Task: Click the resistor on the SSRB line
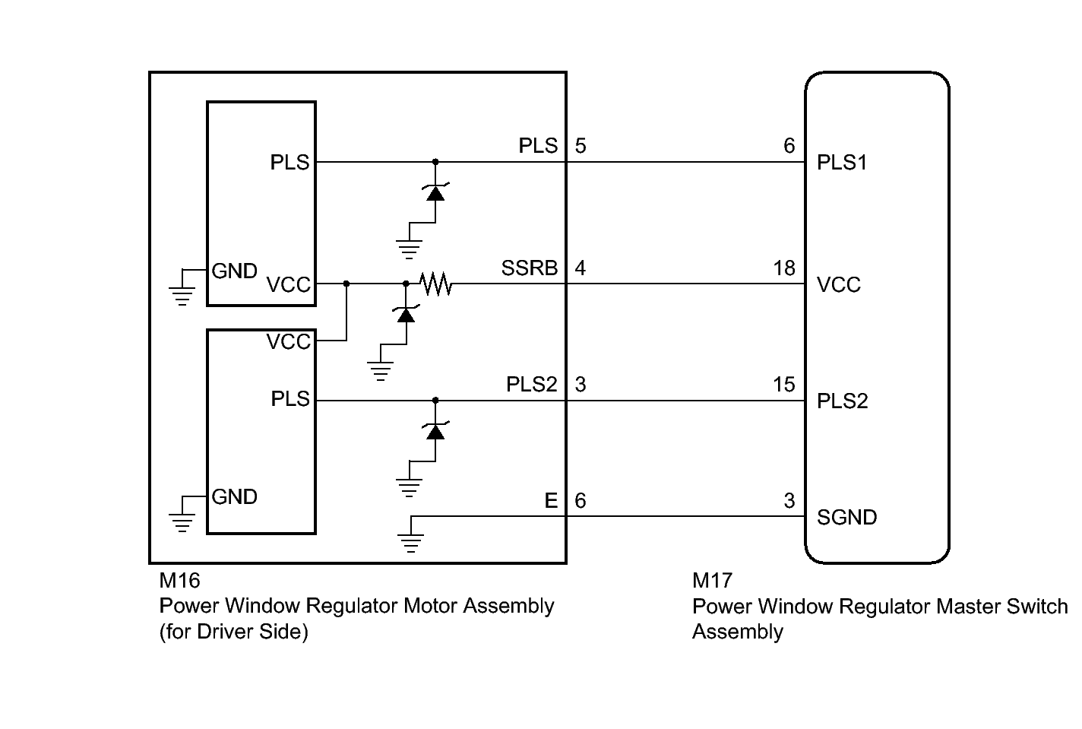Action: coord(435,284)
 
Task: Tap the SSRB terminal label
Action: coord(530,268)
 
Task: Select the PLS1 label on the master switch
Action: coord(841,163)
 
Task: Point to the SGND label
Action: coord(846,518)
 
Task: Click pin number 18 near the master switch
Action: coord(784,268)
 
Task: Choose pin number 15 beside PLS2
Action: coord(784,385)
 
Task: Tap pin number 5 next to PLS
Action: coord(581,145)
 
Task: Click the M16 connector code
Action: coord(179,581)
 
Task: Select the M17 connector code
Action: coord(713,581)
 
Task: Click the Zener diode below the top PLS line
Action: coord(435,192)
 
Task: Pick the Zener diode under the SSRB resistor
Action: coord(406,314)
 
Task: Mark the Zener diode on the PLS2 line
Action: coord(435,431)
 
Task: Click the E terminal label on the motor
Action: coord(551,501)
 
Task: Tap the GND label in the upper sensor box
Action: coord(234,271)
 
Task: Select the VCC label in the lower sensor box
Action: coord(289,342)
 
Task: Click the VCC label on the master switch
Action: coord(839,284)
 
